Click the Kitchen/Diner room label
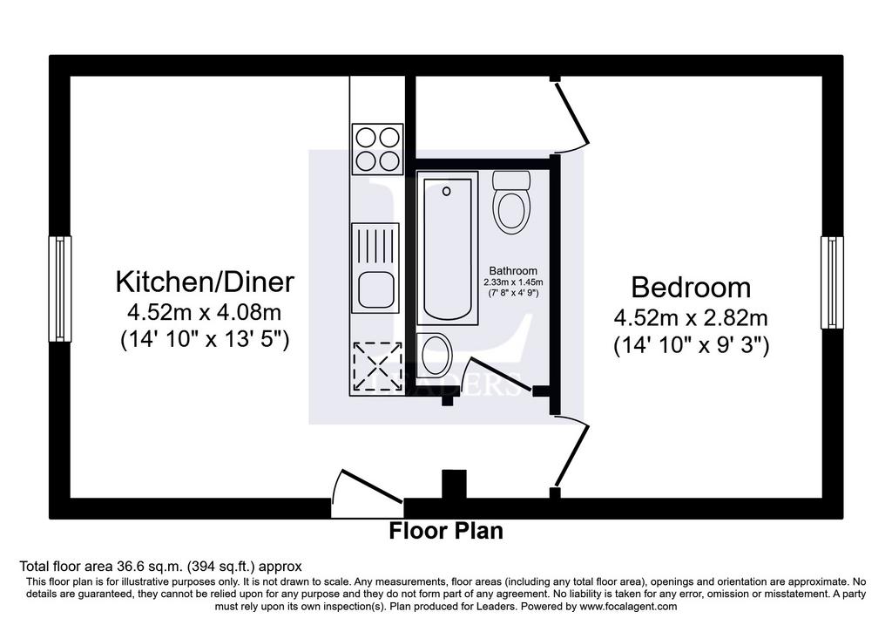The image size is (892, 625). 205,282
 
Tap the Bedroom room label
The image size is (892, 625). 691,288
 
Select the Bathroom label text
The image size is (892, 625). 513,271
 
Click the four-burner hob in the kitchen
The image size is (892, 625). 378,148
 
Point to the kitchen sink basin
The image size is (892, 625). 375,290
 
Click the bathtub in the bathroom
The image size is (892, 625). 447,248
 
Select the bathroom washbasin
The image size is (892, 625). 435,355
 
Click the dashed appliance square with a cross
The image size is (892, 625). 378,367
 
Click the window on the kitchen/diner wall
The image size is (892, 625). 60,289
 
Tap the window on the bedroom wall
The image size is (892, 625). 832,282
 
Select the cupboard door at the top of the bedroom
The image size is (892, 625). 571,116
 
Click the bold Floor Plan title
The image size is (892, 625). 446,531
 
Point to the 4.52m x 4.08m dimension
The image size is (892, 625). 204,312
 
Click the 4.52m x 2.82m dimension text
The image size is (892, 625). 691,317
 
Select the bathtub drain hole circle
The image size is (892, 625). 447,192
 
